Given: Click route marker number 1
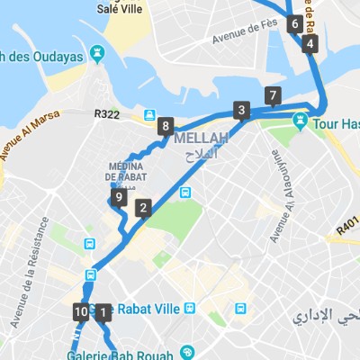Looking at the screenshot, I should coord(102,313).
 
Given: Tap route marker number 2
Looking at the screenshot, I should coord(142,209).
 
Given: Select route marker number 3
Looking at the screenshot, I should coord(240,111).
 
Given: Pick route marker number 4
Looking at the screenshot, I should coord(310,43).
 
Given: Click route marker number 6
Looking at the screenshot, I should coord(294,24).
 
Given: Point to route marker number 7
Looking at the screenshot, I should coord(273,95).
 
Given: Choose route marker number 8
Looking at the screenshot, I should coord(164,126).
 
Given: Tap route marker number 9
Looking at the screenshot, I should coord(119,198).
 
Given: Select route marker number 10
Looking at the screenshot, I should coord(81,312).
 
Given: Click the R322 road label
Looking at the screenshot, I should coord(106,114).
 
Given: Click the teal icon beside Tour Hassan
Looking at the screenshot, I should coord(301,120).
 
